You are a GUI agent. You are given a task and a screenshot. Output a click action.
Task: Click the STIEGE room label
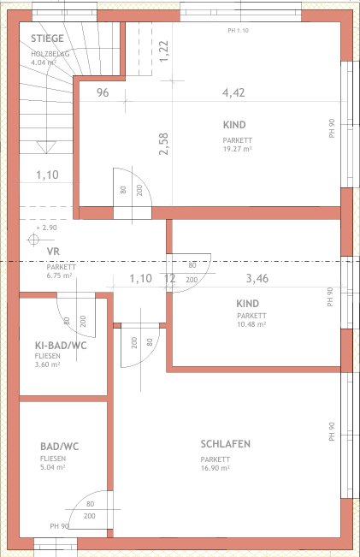(x=47, y=39)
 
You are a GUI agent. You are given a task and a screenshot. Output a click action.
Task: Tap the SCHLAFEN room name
(x=226, y=444)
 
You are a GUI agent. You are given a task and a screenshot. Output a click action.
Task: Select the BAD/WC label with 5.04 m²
(x=60, y=447)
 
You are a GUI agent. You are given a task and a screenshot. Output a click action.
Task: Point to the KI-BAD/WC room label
(x=61, y=346)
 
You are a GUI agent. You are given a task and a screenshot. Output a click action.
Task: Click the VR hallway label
(x=53, y=252)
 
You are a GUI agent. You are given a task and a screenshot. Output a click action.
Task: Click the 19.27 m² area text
(x=238, y=149)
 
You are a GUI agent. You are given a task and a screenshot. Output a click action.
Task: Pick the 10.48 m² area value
(x=251, y=324)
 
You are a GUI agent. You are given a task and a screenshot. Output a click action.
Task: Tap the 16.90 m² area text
(x=215, y=468)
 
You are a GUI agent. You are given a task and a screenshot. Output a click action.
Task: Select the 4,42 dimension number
(x=233, y=92)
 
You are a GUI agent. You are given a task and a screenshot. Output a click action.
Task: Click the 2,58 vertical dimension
(x=163, y=145)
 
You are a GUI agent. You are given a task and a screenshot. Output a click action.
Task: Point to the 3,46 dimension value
(x=257, y=278)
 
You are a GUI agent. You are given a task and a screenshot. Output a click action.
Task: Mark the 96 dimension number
(x=103, y=92)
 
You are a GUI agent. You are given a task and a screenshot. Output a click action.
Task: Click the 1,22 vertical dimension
(x=163, y=51)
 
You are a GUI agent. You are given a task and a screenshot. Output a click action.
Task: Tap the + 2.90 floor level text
(x=46, y=228)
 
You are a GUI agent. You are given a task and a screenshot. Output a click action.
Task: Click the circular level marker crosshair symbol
(x=33, y=240)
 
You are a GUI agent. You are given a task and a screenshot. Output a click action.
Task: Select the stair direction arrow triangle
(x=46, y=147)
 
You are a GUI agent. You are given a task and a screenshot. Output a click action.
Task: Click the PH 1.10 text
(x=239, y=31)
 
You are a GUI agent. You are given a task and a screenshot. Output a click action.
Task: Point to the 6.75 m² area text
(x=59, y=276)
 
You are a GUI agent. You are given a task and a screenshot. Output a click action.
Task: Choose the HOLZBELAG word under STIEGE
(x=50, y=54)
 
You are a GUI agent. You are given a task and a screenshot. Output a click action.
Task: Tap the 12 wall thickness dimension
(x=170, y=278)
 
